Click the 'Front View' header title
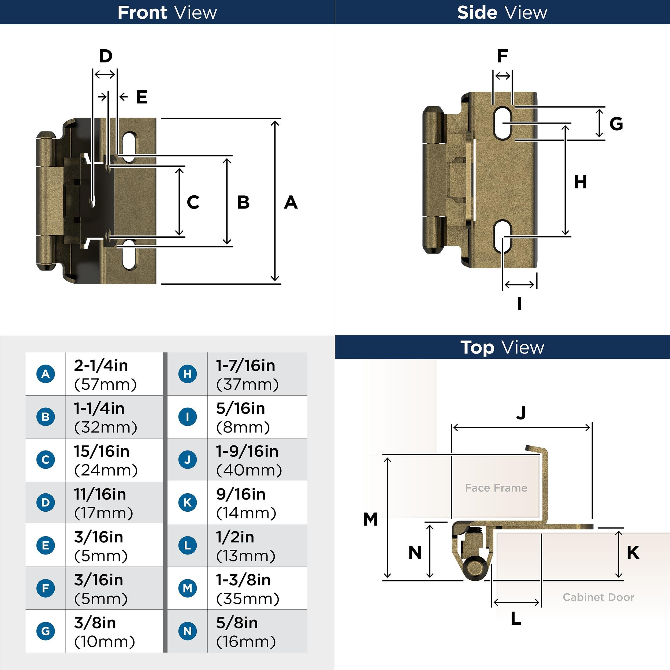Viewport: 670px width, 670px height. pyautogui.click(x=167, y=13)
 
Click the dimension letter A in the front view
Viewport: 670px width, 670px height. pyautogui.click(x=291, y=203)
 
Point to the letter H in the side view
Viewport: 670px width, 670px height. pyautogui.click(x=580, y=182)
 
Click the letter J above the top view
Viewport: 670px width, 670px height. pyautogui.click(x=521, y=413)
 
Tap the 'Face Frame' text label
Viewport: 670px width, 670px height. pyautogui.click(x=496, y=488)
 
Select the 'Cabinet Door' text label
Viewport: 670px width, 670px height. pyautogui.click(x=598, y=597)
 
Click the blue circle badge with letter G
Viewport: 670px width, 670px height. pyautogui.click(x=46, y=631)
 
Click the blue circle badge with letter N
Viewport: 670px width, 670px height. pyautogui.click(x=188, y=631)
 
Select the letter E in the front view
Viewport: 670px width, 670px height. pyautogui.click(x=142, y=97)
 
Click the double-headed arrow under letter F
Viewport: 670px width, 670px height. pyautogui.click(x=503, y=76)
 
